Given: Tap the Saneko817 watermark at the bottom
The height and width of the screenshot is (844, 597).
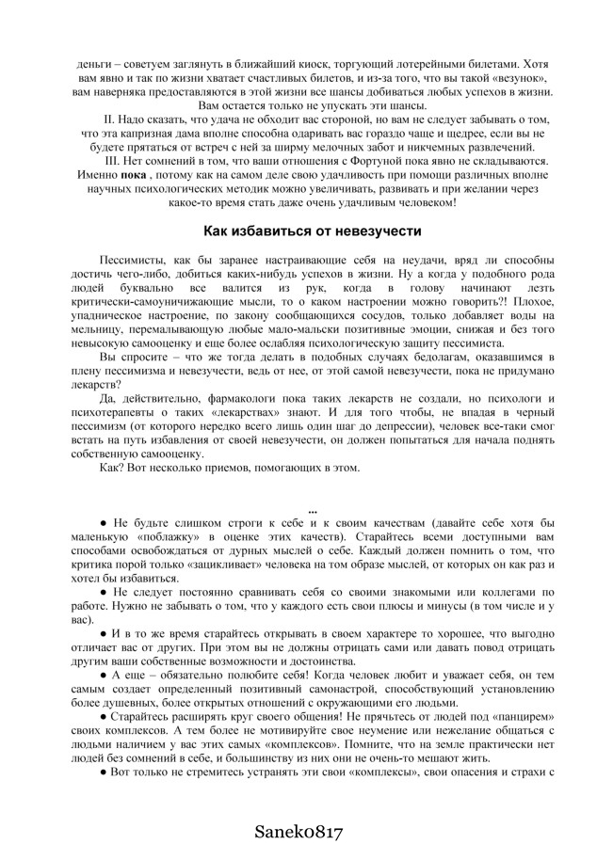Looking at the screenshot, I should coord(298,831).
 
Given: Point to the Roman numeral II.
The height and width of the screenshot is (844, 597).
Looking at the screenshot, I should coord(108,120).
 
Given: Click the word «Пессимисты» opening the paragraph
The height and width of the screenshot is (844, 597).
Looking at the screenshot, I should coord(132,259).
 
